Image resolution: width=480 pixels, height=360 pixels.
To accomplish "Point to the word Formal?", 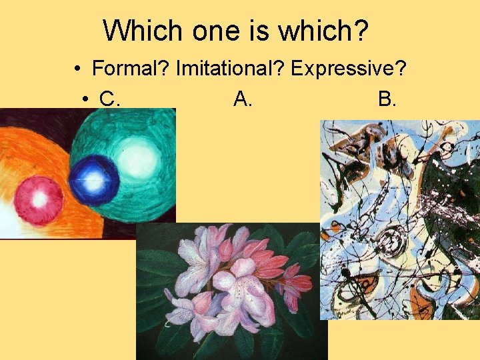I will [131, 68].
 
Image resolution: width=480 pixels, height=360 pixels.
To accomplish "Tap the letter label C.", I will [109, 99].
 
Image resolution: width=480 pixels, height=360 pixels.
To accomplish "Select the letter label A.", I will [243, 99].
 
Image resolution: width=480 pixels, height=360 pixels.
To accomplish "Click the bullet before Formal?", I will [79, 69].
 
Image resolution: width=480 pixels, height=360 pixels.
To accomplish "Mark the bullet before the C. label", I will [86, 100].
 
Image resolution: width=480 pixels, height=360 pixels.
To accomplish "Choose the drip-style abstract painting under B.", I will [399, 220].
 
